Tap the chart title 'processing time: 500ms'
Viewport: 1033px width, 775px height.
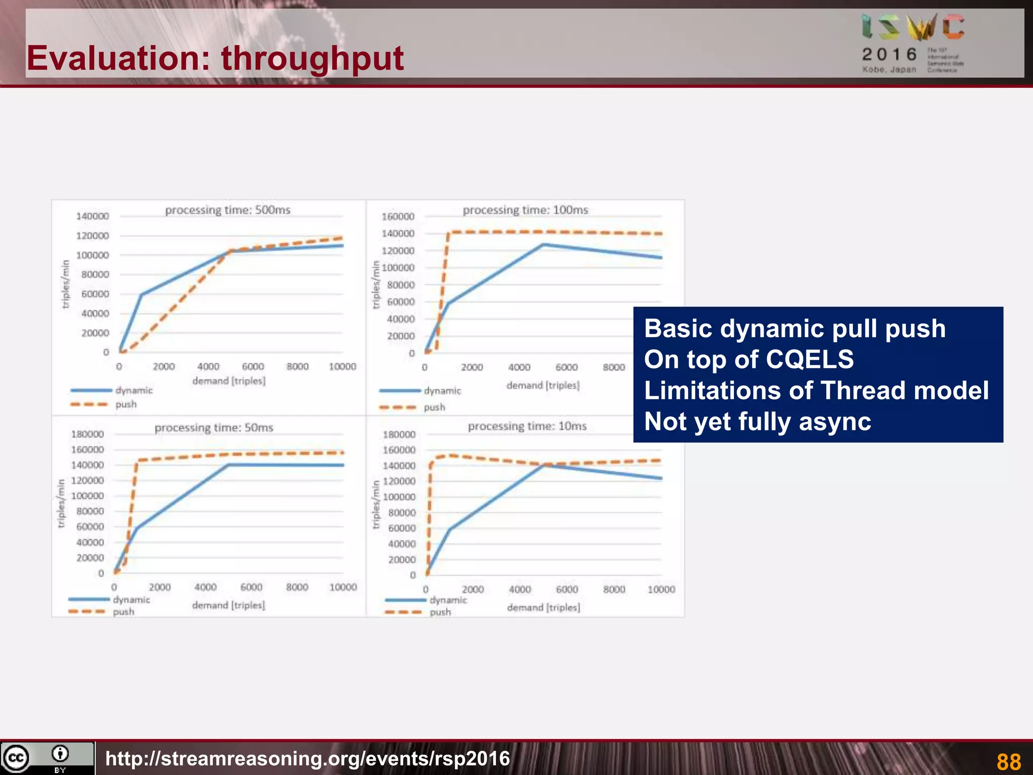(x=227, y=210)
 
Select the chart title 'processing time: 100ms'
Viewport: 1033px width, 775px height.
(x=525, y=210)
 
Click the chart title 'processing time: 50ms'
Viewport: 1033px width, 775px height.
(x=213, y=428)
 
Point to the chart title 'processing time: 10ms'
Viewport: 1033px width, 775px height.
(x=527, y=426)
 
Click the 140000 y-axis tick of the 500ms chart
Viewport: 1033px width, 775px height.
(x=92, y=216)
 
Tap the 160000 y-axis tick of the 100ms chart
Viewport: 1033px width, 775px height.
(x=397, y=216)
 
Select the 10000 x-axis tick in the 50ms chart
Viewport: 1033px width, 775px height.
(x=343, y=587)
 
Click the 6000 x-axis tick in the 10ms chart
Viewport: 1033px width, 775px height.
(x=567, y=589)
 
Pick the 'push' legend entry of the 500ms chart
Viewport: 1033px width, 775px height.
(x=126, y=404)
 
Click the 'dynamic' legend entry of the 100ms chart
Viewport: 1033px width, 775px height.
(x=442, y=391)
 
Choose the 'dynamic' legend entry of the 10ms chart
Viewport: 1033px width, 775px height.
(x=448, y=600)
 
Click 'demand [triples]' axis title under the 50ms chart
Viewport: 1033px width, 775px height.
(x=228, y=605)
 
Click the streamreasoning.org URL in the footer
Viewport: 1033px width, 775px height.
(x=308, y=759)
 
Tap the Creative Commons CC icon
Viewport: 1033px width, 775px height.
(x=16, y=758)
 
